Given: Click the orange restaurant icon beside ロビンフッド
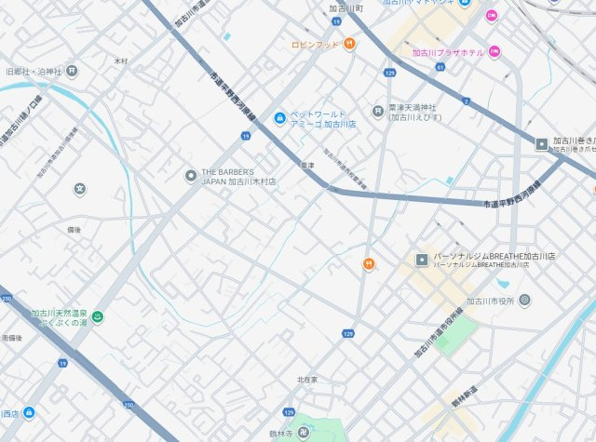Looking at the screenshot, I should pos(349,43).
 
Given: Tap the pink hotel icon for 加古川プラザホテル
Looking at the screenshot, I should pos(494,52).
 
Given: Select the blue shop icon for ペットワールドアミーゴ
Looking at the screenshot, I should pos(278,118).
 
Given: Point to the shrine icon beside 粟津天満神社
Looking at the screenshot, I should pos(377,112).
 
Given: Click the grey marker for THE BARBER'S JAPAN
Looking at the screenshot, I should pos(191,175).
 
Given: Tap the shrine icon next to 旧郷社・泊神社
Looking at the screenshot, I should pos(72,71).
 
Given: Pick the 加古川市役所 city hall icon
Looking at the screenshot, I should pos(524,300).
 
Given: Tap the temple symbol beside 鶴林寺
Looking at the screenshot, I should pos(304,432).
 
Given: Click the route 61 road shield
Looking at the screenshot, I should pos(440,67).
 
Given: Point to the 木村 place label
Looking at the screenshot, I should pos(121,61).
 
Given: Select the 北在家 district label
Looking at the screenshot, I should pos(307,380).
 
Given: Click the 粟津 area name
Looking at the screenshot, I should pos(307,166).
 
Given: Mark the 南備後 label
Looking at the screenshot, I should pos(12,337).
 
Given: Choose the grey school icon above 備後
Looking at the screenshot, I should pos(80,189).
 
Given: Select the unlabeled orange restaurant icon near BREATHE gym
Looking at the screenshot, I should pos(369,264).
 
